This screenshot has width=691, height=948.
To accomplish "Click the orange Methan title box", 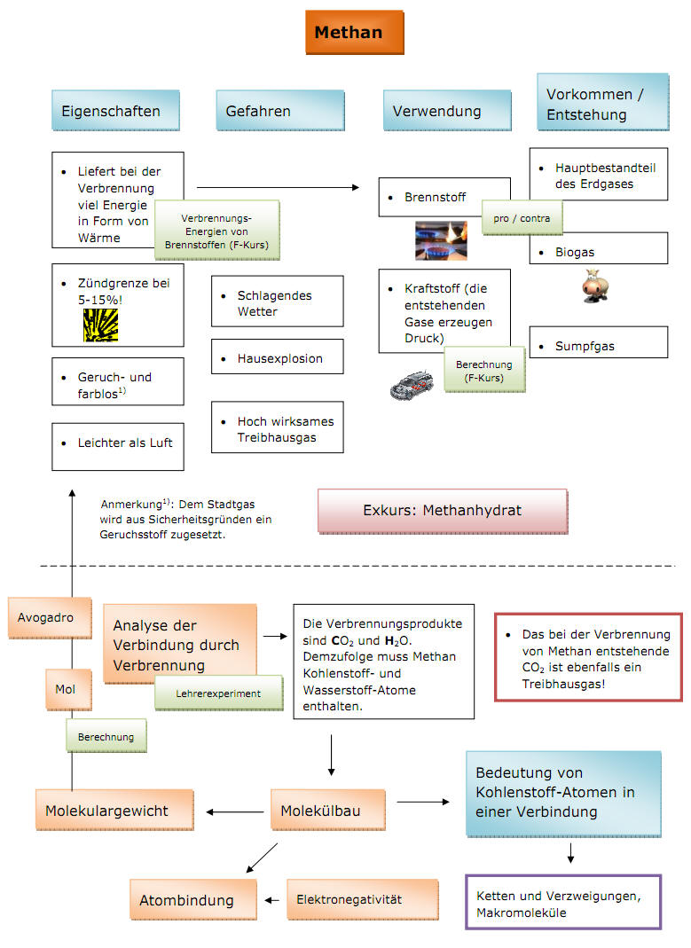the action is pyautogui.click(x=354, y=32).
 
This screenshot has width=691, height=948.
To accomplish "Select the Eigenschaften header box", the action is pyautogui.click(x=115, y=111).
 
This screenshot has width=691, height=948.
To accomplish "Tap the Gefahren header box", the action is pyautogui.click(x=280, y=111).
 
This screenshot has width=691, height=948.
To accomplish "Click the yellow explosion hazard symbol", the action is pyautogui.click(x=100, y=325).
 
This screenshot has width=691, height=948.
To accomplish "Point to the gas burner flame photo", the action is pyautogui.click(x=441, y=240).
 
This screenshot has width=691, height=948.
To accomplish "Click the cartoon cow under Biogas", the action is pyautogui.click(x=595, y=286).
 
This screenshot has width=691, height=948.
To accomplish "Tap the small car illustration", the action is pyautogui.click(x=412, y=385).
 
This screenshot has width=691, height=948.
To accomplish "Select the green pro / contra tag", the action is pyautogui.click(x=522, y=218).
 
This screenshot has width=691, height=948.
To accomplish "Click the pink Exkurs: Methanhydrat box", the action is pyautogui.click(x=443, y=511).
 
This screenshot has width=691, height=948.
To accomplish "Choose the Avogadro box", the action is pyautogui.click(x=50, y=618).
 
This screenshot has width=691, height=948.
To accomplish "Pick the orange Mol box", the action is pyautogui.click(x=69, y=689).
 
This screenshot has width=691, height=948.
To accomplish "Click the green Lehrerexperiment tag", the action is pyautogui.click(x=219, y=693).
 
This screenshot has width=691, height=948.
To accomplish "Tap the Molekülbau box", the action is pyautogui.click(x=327, y=811).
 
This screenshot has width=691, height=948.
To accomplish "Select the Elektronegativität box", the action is pyautogui.click(x=363, y=899).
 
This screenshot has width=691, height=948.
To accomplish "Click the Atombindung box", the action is pyautogui.click(x=192, y=899).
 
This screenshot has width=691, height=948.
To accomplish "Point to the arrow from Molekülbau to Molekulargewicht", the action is pyautogui.click(x=235, y=812).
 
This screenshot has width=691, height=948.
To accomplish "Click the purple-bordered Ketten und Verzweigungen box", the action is pyautogui.click(x=563, y=902).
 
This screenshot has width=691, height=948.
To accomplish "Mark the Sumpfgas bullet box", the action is pyautogui.click(x=599, y=342).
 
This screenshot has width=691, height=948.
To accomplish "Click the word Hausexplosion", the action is pyautogui.click(x=280, y=358).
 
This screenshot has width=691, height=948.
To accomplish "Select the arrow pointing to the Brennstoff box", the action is pyautogui.click(x=279, y=187).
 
